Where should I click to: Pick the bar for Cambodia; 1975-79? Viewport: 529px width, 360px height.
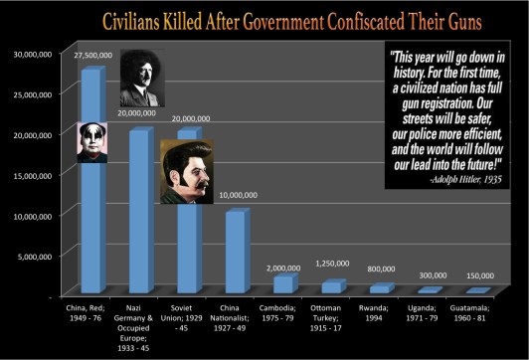coord(284,284)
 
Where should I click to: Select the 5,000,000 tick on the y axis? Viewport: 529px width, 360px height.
coord(38,255)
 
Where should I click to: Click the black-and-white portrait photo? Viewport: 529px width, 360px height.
coord(137,79)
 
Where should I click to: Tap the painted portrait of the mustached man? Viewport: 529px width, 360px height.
coord(186,171)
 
